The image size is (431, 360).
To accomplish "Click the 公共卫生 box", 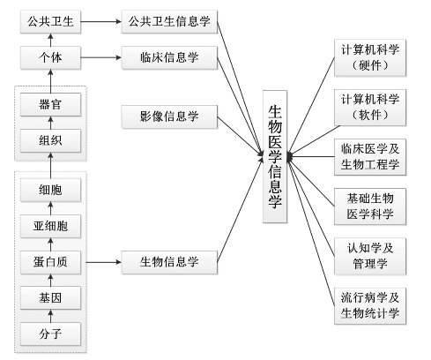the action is point(50,21).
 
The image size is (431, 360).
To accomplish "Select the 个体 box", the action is point(50,57).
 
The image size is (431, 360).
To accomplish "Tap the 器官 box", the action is point(50,105).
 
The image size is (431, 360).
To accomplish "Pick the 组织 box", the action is point(50,140).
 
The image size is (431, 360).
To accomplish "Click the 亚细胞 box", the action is point(50,226).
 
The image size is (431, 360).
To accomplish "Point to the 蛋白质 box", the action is point(50,262).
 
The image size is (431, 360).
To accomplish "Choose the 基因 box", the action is point(50,298).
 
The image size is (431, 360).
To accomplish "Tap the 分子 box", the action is point(50,334).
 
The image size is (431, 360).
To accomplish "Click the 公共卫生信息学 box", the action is point(169,21).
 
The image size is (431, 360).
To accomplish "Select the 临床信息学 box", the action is point(169,57).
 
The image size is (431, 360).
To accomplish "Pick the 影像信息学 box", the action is point(169,116).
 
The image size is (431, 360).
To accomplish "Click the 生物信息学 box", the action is point(169,262).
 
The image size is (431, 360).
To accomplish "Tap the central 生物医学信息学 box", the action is point(275,156).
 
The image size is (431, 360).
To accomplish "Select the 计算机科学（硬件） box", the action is point(370,57).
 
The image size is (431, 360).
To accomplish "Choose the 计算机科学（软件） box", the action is point(370,108).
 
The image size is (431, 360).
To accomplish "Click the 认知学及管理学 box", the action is point(370,256).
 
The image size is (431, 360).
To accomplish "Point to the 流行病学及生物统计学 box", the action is point(370,306).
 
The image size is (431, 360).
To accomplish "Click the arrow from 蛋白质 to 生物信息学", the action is point(104,262).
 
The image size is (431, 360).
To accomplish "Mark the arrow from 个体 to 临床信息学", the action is point(101,57).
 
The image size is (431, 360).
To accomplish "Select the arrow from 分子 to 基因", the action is point(50,316).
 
